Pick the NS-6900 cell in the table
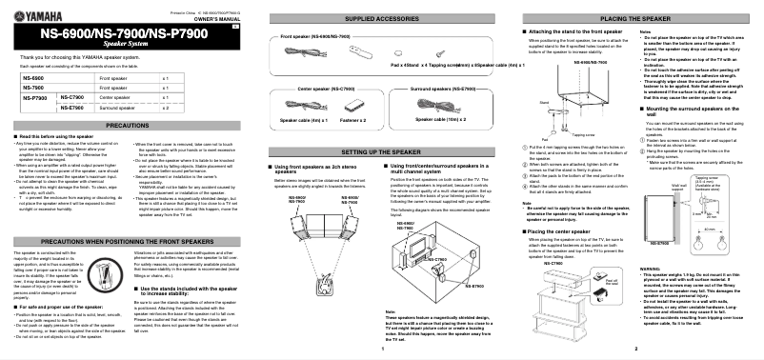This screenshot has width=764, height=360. pos(30,76)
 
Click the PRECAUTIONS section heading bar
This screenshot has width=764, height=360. pos(127,126)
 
